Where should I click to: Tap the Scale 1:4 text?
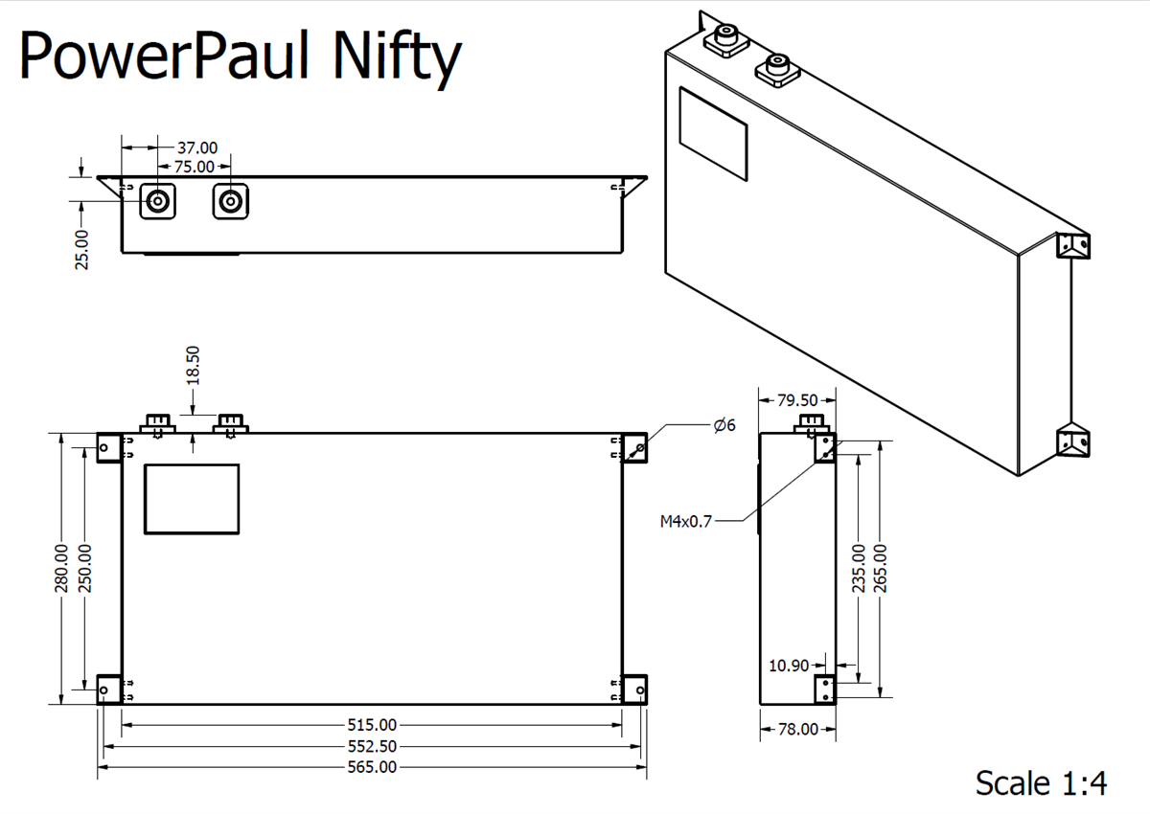[1041, 782]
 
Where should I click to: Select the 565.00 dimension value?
[372, 767]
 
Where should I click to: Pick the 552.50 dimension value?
[372, 746]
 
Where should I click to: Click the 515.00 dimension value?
[372, 725]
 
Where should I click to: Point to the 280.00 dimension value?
[62, 568]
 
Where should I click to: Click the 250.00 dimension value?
[85, 568]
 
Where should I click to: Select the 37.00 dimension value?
[197, 148]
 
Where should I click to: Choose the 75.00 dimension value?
[194, 167]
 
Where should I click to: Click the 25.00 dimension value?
[82, 249]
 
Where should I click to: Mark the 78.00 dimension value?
[796, 730]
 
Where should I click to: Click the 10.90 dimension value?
[790, 666]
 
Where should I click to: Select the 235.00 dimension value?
[859, 568]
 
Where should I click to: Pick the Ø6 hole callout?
[724, 424]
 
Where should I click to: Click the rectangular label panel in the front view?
[192, 498]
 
